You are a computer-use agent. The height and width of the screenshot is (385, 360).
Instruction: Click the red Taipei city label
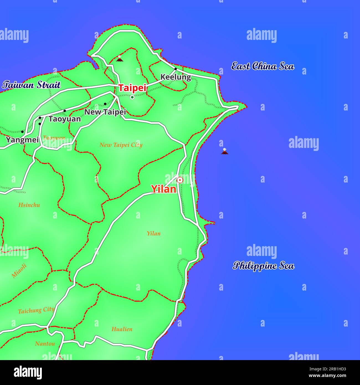(x=132, y=88)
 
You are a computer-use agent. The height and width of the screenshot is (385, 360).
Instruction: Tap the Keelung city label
(x=176, y=77)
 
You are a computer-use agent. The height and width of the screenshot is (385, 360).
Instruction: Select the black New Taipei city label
(x=105, y=112)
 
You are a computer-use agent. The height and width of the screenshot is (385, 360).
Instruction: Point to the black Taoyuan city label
(x=65, y=119)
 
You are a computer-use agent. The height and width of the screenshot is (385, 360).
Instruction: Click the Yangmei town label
(x=22, y=140)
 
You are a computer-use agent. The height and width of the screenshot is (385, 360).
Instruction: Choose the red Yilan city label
(x=163, y=189)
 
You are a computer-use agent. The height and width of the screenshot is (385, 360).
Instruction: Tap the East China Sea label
(x=263, y=66)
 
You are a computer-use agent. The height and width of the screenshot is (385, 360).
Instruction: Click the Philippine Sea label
(x=263, y=266)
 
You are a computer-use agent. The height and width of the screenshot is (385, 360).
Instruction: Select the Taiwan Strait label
(x=31, y=85)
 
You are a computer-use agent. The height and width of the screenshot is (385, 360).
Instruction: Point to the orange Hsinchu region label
(x=29, y=205)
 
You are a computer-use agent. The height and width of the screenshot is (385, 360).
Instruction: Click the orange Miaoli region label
(x=19, y=271)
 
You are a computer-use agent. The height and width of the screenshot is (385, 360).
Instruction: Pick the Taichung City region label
(x=36, y=310)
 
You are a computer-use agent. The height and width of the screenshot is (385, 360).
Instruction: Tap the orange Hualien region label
(x=122, y=329)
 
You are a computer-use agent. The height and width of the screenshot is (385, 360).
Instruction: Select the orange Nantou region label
(x=45, y=344)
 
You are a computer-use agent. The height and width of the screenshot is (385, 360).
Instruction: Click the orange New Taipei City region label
(x=121, y=145)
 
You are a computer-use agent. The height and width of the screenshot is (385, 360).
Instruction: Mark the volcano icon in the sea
(x=225, y=151)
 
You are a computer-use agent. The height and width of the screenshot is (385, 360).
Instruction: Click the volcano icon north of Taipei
(x=119, y=58)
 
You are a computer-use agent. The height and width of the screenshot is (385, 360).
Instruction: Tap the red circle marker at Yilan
(x=180, y=180)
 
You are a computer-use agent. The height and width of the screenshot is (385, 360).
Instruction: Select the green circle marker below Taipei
(x=132, y=97)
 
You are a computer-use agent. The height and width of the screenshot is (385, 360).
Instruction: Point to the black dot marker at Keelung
(x=175, y=69)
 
